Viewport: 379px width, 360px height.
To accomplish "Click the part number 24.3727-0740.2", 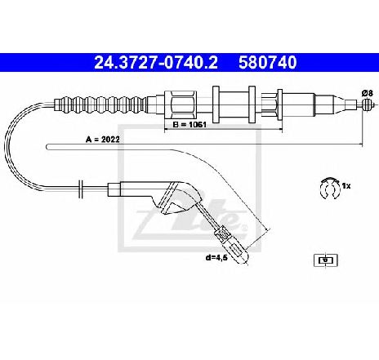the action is pyautogui.click(x=156, y=63).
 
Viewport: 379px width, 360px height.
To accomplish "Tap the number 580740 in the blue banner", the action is pyautogui.click(x=268, y=63).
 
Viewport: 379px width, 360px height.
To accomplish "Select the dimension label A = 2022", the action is pyautogui.click(x=103, y=140).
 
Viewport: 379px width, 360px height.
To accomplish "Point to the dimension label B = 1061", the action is pyautogui.click(x=189, y=125).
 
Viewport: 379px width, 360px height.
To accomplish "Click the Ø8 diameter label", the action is pyautogui.click(x=367, y=93).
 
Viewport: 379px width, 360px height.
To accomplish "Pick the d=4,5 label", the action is pyautogui.click(x=216, y=257).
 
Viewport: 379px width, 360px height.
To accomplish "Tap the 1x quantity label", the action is pyautogui.click(x=346, y=186).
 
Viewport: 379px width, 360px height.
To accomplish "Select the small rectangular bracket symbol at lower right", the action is pyautogui.click(x=325, y=260).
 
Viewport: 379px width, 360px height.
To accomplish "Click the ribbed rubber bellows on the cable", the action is pyautogui.click(x=100, y=104).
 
